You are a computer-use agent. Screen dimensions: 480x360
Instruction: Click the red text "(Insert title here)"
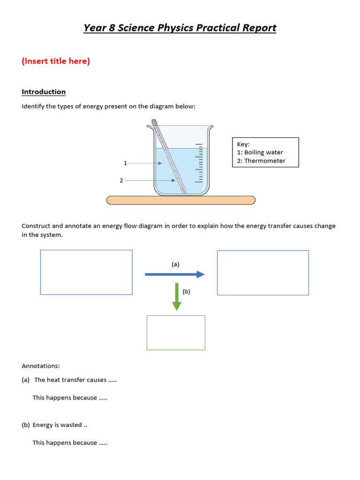56,61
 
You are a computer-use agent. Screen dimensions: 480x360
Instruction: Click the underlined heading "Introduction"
44,92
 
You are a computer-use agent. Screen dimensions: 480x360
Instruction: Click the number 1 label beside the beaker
125,163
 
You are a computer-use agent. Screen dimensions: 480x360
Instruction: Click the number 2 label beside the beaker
121,180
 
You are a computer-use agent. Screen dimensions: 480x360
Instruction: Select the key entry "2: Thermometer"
261,161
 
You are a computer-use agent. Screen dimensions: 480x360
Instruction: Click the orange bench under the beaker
181,201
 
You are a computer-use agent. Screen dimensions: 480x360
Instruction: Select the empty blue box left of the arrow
86,272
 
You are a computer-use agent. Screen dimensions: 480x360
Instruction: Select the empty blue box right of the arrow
262,273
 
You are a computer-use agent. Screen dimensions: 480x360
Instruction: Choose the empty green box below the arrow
176,332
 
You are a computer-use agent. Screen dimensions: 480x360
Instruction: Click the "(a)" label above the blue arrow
175,264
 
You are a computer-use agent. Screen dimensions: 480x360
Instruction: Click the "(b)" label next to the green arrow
187,291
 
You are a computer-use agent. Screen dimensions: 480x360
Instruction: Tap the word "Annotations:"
41,366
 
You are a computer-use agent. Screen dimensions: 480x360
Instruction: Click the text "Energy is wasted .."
60,425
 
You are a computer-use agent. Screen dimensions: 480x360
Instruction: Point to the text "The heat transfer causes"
70,380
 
